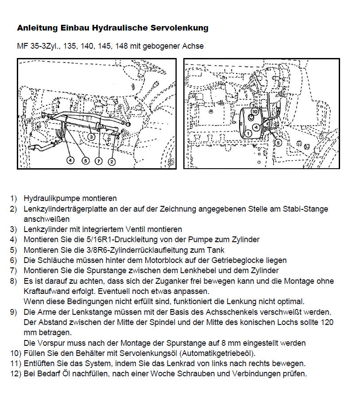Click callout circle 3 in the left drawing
click(x=90, y=137)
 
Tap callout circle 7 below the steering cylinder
click(x=98, y=161)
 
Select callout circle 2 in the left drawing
click(x=112, y=161)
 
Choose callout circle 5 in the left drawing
click(x=85, y=161)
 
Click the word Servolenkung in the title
click(x=181, y=28)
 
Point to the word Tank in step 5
click(x=217, y=250)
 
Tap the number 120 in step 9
click(x=327, y=322)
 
